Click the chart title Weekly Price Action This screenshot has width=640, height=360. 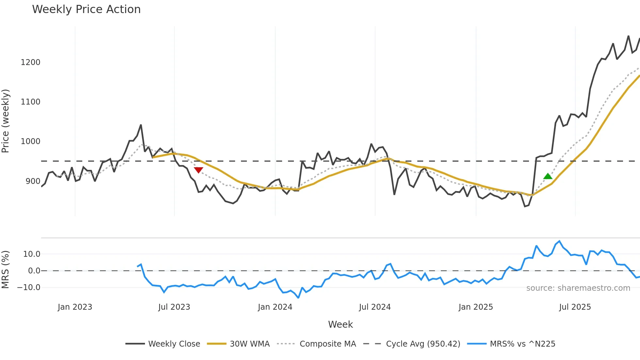pos(86,9)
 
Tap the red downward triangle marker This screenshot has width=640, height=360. pos(199,170)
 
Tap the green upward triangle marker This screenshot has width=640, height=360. pos(548,176)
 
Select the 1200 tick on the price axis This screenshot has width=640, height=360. pos(30,62)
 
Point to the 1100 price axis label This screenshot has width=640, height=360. pos(30,102)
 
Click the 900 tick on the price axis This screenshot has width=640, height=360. pos(33,181)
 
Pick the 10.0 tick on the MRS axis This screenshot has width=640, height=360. pos(32,254)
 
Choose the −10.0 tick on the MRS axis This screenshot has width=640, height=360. pos(29,287)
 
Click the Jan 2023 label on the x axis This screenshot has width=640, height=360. pos(75,307)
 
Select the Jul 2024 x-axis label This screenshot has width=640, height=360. pos(375,307)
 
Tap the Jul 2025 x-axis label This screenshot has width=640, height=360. pos(575,307)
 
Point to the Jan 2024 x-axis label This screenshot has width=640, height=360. pos(275,307)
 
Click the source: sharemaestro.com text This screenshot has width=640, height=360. pos(578,288)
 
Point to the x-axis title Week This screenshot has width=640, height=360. pos(340,324)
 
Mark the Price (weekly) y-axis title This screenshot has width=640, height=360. pos(5,121)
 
